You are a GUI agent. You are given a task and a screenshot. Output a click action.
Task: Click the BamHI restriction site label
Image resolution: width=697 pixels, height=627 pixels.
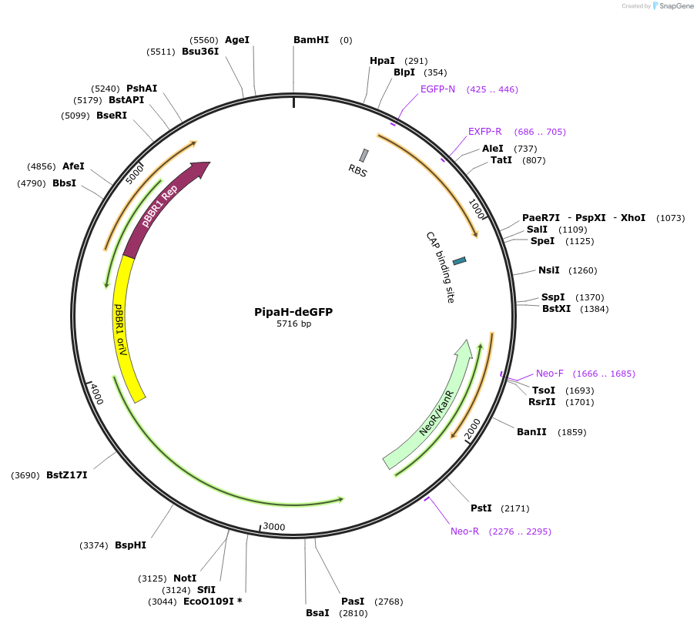pos(311,40)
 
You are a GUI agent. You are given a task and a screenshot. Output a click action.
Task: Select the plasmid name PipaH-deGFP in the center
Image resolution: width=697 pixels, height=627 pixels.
pos(293,312)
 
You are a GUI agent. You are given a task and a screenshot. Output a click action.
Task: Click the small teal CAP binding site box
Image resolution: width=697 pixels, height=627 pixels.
pos(460,261)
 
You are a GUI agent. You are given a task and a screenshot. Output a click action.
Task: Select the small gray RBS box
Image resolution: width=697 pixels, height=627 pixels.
pos(364,156)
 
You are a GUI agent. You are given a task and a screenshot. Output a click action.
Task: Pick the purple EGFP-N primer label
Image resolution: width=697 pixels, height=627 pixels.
pos(437,89)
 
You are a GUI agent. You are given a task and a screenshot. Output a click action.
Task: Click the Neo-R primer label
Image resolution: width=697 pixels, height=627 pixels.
pos(464,531)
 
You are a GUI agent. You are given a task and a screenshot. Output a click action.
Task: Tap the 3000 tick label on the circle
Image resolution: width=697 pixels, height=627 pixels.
pos(274,527)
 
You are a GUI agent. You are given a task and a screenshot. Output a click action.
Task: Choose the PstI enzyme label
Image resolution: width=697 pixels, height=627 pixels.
pos(481,508)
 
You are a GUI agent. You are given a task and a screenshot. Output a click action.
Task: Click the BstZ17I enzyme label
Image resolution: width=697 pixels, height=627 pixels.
pos(67,475)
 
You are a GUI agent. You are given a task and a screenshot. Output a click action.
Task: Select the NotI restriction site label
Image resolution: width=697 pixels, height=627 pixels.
pos(185,578)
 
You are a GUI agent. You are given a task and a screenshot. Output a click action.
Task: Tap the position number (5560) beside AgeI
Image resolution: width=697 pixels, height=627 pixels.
pos(204,40)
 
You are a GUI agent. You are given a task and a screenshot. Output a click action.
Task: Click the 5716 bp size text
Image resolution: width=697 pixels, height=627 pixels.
pos(293,324)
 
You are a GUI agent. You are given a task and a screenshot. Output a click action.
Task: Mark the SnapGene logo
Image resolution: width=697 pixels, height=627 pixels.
pos(672,6)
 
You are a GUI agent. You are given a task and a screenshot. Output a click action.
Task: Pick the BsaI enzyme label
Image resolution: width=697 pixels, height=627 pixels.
pos(317,613)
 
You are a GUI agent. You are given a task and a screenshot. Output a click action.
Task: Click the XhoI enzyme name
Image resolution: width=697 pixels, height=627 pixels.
pos(632,218)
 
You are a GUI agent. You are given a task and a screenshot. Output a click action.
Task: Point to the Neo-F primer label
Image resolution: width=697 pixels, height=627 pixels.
pos(550,374)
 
